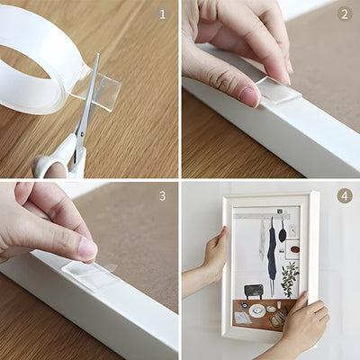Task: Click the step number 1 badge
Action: [163, 14]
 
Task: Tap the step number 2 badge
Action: [343, 14]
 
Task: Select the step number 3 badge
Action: [163, 195]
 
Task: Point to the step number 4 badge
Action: [344, 195]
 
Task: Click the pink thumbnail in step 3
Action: [86, 247]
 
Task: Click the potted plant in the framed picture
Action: [289, 280]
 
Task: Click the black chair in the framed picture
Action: [254, 291]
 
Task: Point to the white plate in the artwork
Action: [258, 310]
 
